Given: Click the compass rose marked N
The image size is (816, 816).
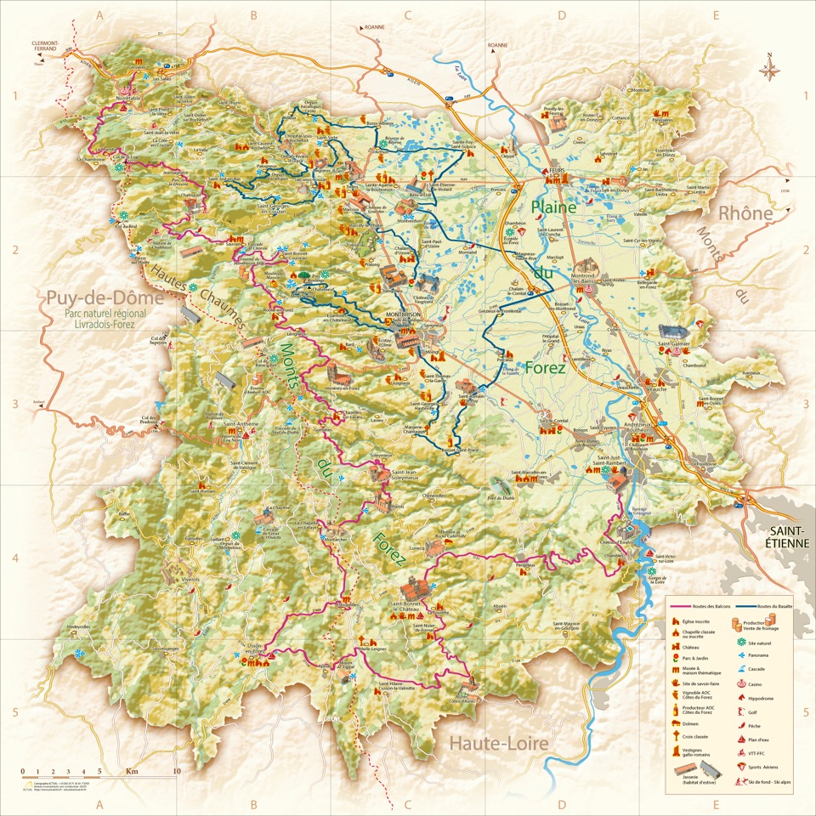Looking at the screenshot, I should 771,69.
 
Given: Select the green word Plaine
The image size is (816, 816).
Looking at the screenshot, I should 554,207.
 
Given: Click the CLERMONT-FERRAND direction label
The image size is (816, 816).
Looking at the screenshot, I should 44,45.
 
